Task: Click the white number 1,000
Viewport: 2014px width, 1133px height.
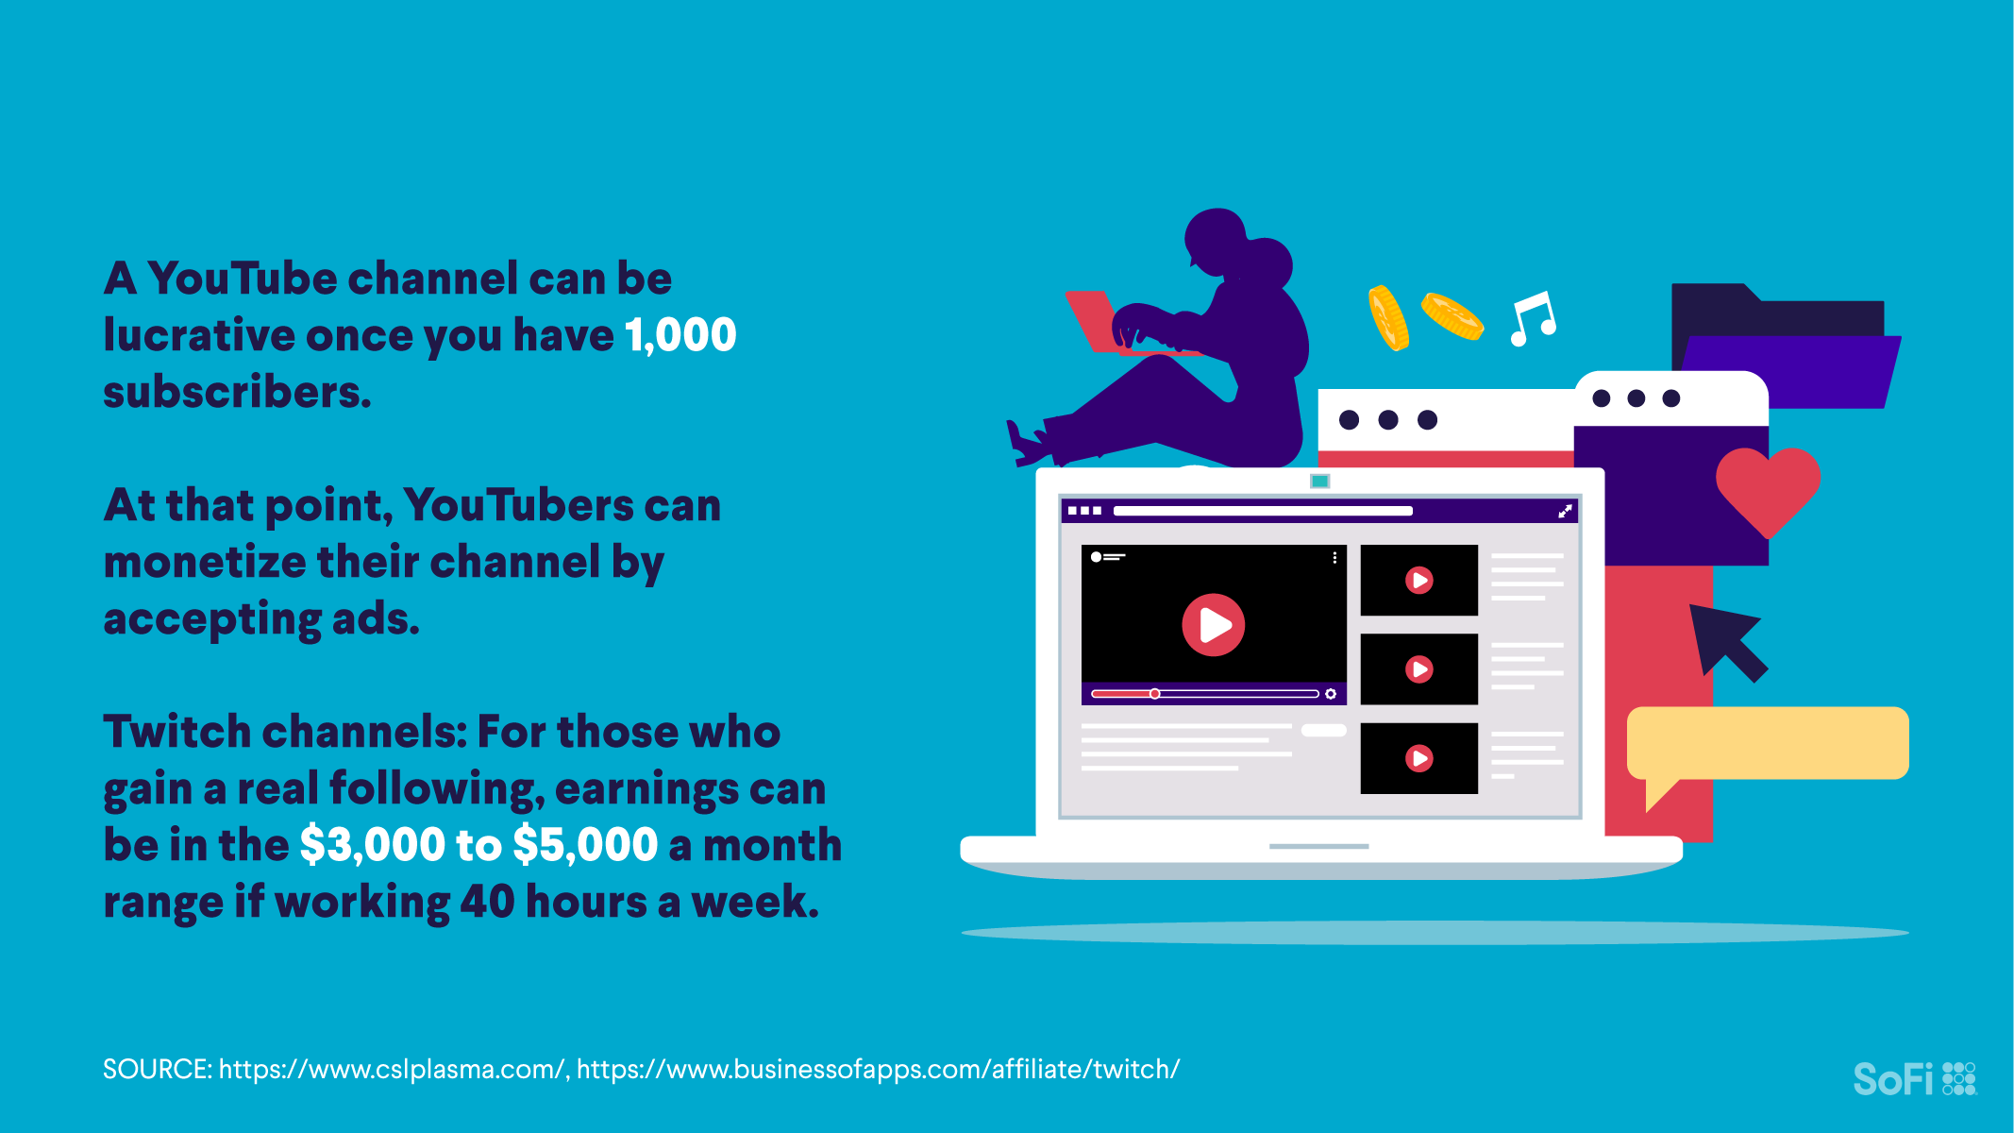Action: tap(680, 335)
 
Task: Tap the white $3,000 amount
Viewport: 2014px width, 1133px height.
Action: tap(373, 845)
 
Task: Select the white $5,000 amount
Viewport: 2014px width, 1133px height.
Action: tap(585, 845)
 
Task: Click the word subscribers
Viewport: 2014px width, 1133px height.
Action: tap(237, 392)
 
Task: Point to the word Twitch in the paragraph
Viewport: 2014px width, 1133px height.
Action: tap(176, 732)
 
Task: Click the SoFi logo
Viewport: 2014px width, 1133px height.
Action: tap(1914, 1078)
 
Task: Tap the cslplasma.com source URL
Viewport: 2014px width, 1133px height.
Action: tap(392, 1069)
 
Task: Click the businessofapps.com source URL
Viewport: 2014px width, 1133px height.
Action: tap(878, 1069)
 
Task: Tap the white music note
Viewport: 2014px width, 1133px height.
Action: tap(1534, 319)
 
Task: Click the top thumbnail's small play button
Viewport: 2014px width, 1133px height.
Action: tap(1418, 580)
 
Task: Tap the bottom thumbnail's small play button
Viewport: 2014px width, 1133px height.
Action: tap(1418, 758)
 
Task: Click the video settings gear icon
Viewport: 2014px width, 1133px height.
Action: tap(1331, 694)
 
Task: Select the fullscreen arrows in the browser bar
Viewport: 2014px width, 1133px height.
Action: tap(1565, 511)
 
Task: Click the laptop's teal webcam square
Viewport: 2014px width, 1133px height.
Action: tap(1320, 482)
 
